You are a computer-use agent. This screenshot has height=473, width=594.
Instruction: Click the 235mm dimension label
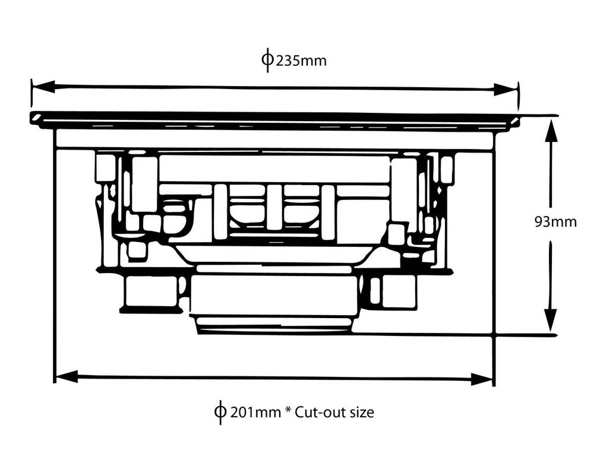click(x=301, y=61)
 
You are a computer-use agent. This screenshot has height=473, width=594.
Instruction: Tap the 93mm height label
click(x=555, y=222)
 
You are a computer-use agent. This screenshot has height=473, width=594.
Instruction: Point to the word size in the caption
click(x=361, y=412)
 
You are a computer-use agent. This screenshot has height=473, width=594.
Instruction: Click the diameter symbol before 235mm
click(x=267, y=60)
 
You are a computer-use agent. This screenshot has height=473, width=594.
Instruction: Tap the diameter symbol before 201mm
click(x=220, y=412)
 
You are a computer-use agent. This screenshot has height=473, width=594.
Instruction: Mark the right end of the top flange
click(x=517, y=120)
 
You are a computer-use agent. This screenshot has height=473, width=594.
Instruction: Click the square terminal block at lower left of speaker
click(x=151, y=290)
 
